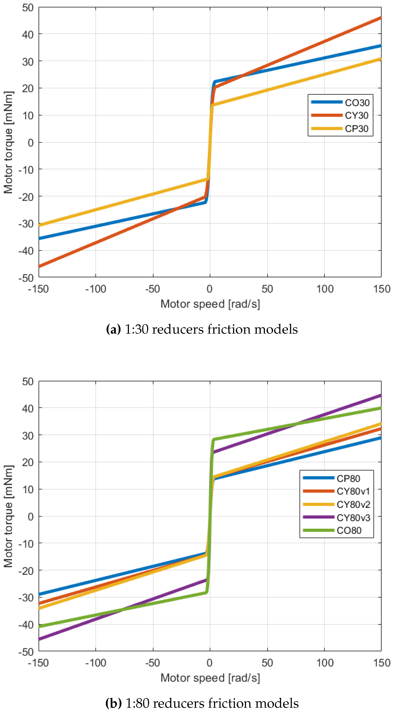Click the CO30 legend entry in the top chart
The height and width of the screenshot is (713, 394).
point(357,103)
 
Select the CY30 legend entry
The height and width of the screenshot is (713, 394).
point(356,115)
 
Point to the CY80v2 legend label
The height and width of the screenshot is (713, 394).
point(353,505)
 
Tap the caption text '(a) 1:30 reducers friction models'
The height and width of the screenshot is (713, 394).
point(202,329)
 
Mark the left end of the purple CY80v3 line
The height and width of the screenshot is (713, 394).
point(40,639)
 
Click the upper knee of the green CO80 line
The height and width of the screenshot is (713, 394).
point(213,440)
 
